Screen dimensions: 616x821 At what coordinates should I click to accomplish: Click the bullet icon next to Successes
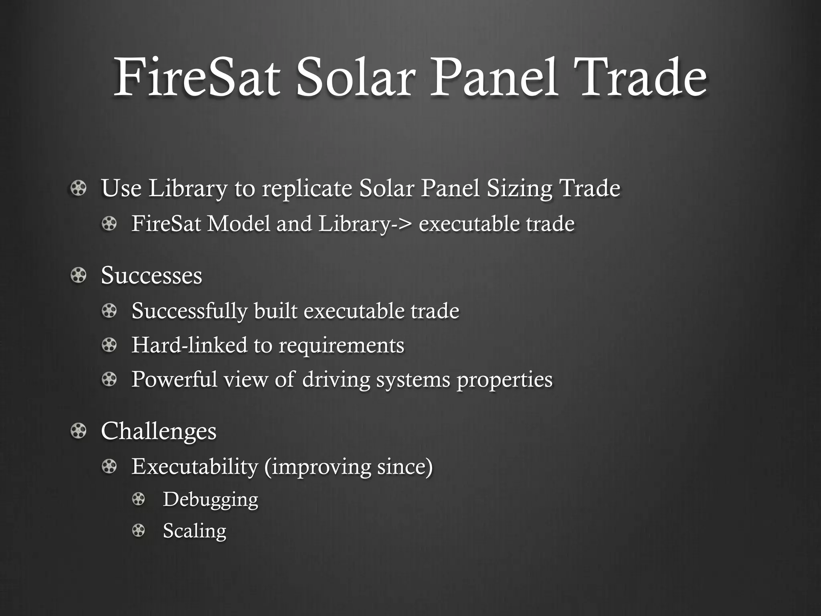tap(78, 276)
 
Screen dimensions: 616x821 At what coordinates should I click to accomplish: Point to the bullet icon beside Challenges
tap(78, 431)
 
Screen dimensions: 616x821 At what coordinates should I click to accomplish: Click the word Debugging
tap(210, 500)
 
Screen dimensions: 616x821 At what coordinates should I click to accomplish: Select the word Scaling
tap(194, 531)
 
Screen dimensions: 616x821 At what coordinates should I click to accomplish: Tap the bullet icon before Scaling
tap(139, 531)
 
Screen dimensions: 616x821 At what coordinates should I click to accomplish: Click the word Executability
tap(195, 466)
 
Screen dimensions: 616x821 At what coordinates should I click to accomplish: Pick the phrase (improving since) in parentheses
tap(348, 466)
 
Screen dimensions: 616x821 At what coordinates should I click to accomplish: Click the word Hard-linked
tap(189, 345)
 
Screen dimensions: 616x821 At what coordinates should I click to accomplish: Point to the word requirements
tap(341, 346)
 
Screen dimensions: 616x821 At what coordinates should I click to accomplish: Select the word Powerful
tap(174, 379)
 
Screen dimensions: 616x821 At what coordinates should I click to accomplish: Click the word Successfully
tap(189, 311)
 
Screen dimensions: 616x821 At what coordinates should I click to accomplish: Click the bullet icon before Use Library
tap(78, 188)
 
